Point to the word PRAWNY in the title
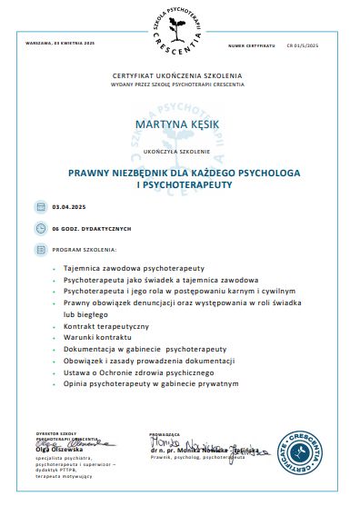point(95,172)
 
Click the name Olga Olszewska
point(60,449)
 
